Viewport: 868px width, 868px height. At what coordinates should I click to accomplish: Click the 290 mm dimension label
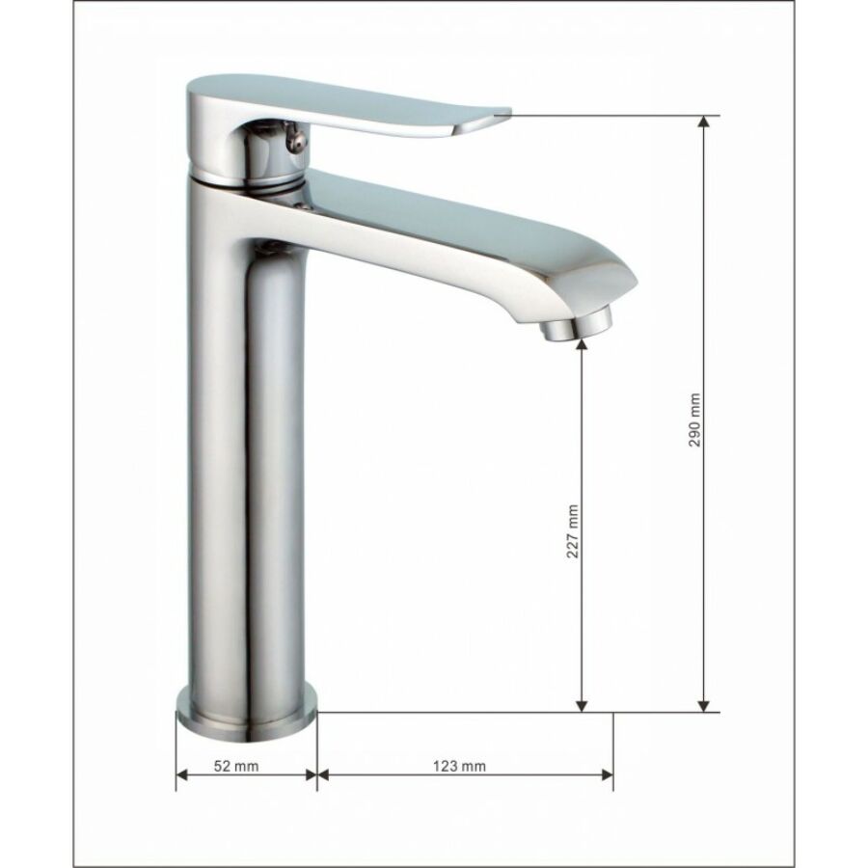tap(694, 420)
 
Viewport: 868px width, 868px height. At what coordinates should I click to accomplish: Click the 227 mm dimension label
tap(573, 530)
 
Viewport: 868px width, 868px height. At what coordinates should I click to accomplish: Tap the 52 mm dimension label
tap(236, 766)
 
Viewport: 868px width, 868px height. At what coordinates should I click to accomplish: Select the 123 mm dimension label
tap(459, 766)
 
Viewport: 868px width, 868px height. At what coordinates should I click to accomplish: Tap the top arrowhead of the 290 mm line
tap(703, 122)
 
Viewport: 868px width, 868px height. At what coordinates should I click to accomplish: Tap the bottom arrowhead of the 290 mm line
tap(703, 706)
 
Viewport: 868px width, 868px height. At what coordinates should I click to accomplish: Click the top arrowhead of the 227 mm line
tap(582, 343)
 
